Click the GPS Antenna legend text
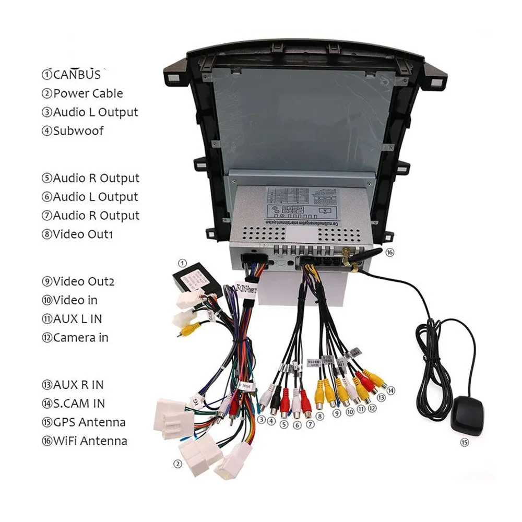(x=84, y=422)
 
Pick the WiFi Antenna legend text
(x=85, y=441)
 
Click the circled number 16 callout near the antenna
(x=390, y=252)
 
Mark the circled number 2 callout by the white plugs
(x=177, y=462)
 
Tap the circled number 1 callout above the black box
(x=182, y=263)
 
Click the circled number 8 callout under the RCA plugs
(x=319, y=416)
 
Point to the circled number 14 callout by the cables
(x=391, y=390)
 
